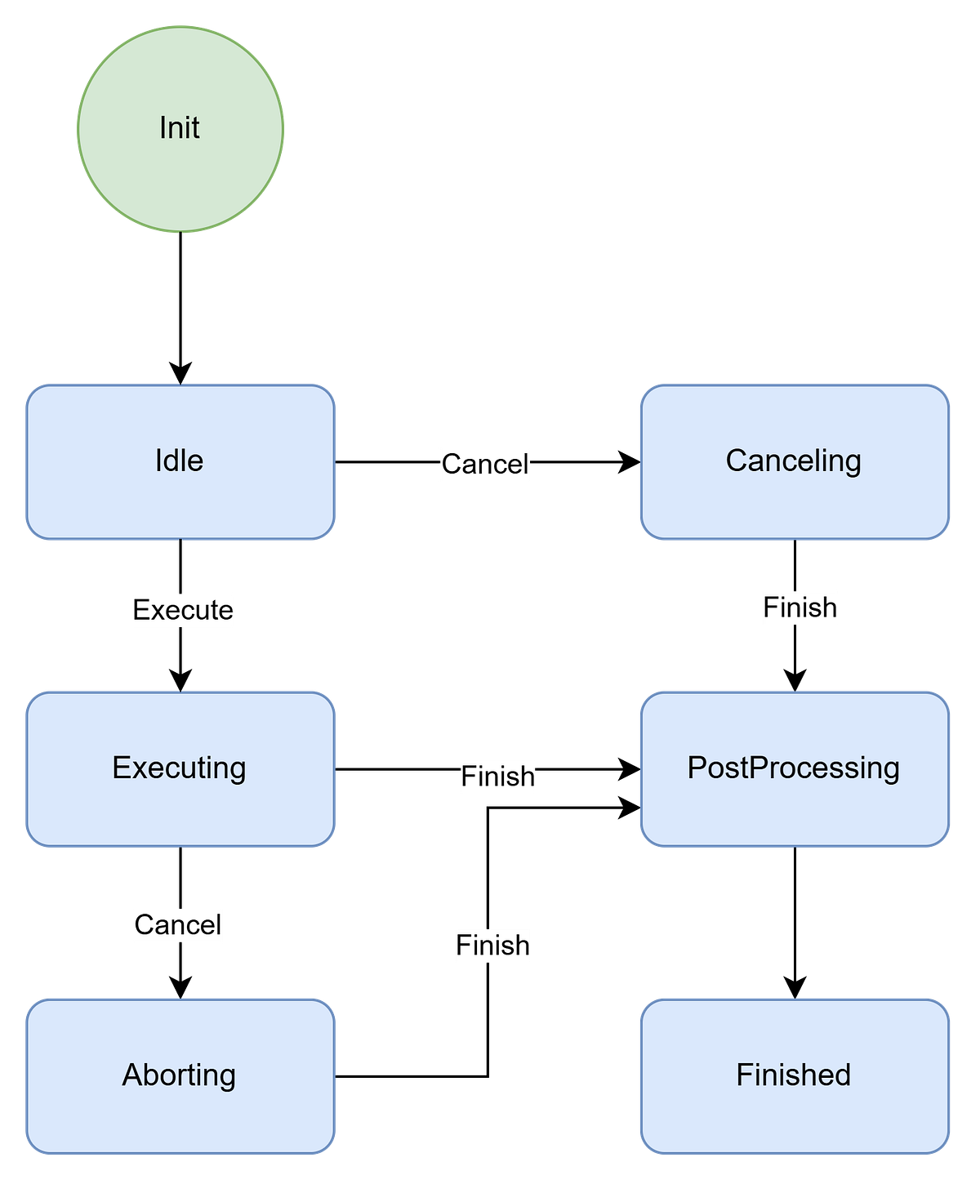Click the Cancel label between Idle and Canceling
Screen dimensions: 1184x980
click(485, 465)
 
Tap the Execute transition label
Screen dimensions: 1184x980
click(184, 610)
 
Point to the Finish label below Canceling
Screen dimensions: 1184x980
click(800, 608)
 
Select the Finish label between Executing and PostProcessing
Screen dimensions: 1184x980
click(497, 777)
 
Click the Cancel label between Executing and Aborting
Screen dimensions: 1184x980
click(178, 925)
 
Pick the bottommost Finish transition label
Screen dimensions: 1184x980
click(492, 946)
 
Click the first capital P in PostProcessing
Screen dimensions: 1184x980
click(696, 768)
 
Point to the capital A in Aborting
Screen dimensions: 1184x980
click(131, 1075)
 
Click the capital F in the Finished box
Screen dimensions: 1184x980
click(744, 1075)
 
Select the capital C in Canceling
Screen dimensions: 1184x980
click(737, 461)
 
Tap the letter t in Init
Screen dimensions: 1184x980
click(195, 128)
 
